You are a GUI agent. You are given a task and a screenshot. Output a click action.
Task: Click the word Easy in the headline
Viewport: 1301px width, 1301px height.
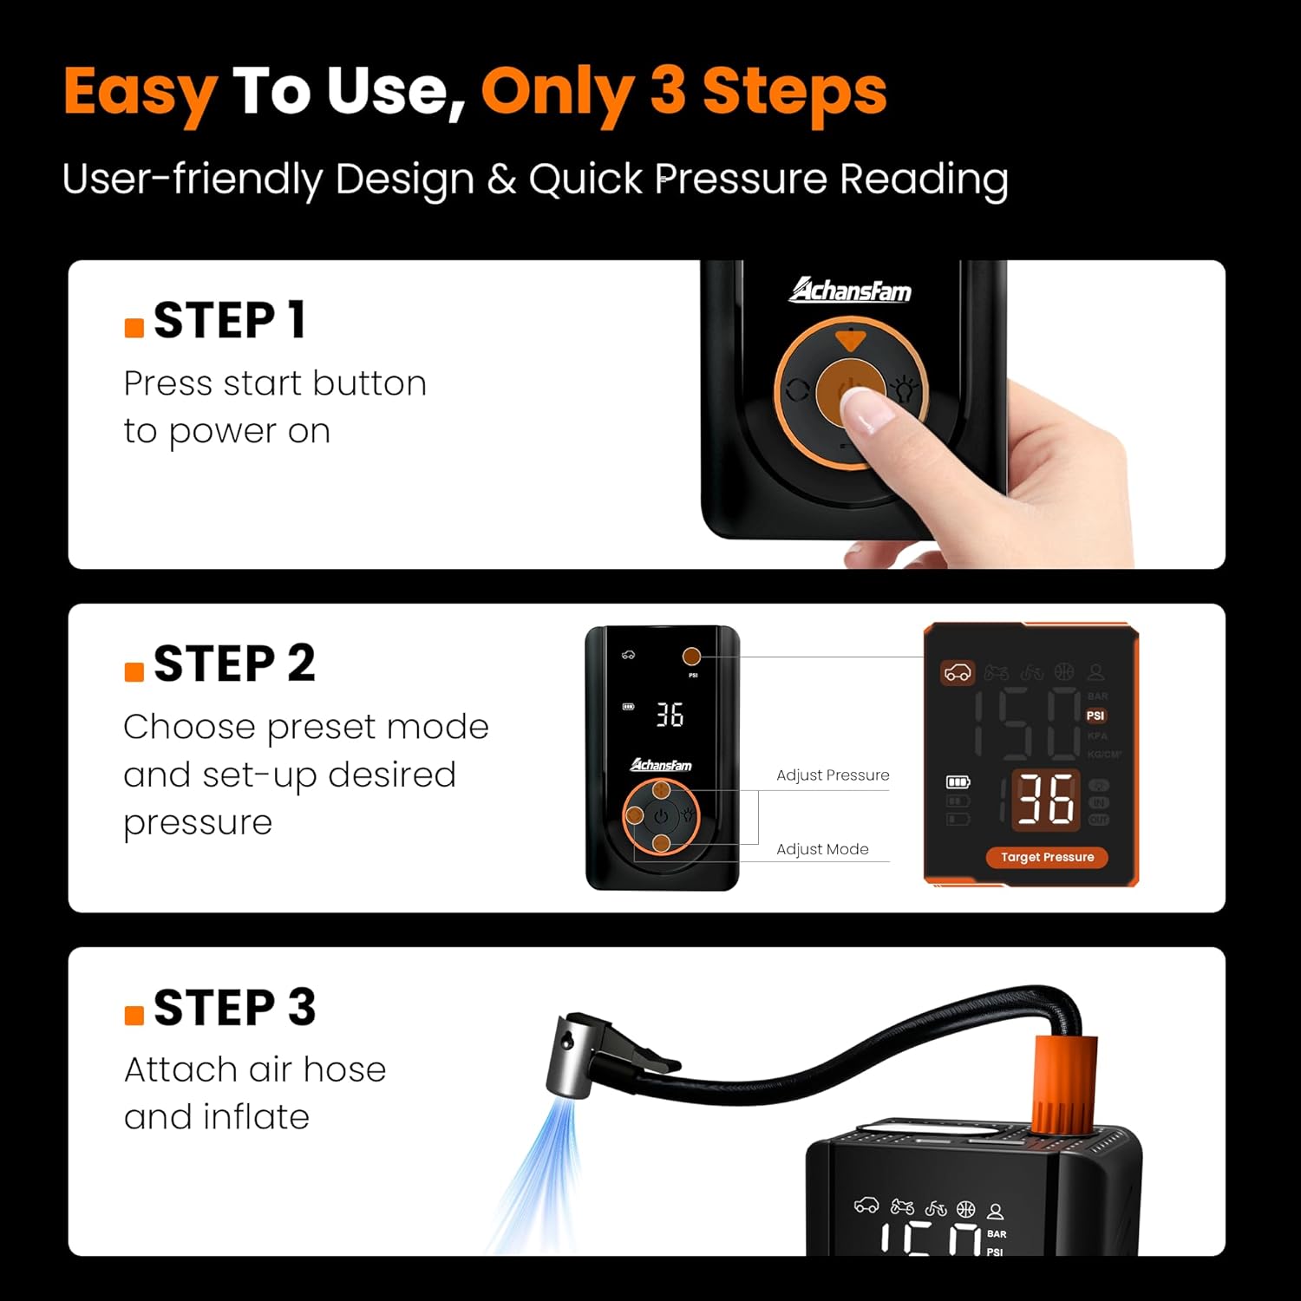tap(139, 92)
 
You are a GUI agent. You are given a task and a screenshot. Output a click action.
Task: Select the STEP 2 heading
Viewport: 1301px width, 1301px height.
tap(234, 664)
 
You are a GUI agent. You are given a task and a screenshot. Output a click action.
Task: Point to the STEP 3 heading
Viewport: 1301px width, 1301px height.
tap(234, 1008)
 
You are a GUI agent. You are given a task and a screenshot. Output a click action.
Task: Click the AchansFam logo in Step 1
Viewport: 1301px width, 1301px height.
tap(850, 291)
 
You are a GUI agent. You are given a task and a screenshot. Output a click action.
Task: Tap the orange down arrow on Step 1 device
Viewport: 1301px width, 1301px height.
tap(850, 340)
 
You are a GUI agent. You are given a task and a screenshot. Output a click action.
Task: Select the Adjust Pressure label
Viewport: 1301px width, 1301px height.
tap(833, 775)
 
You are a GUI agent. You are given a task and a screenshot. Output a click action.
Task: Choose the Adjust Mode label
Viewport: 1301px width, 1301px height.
tap(822, 850)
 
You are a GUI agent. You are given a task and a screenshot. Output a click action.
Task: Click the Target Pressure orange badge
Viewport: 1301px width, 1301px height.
tap(1047, 857)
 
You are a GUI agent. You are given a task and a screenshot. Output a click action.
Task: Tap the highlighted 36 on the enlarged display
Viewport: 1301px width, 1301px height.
tap(1045, 799)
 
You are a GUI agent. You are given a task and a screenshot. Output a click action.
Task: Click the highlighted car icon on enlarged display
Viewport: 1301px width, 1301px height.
tap(958, 673)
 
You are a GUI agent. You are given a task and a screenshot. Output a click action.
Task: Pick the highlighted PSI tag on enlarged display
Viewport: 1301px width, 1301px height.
tap(1095, 716)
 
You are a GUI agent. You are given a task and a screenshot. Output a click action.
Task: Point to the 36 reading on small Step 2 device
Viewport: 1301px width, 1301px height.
tap(670, 716)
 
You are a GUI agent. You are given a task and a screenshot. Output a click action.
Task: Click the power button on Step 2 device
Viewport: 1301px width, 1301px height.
tap(662, 816)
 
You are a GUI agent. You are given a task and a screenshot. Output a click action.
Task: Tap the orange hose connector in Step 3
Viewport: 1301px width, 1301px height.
tap(1064, 1084)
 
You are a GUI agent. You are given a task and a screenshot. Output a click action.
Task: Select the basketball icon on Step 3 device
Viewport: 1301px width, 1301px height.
tap(965, 1209)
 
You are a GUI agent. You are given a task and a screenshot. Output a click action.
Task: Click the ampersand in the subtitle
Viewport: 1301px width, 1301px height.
tap(501, 180)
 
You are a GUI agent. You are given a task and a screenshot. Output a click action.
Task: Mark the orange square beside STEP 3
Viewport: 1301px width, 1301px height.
tap(134, 1016)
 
